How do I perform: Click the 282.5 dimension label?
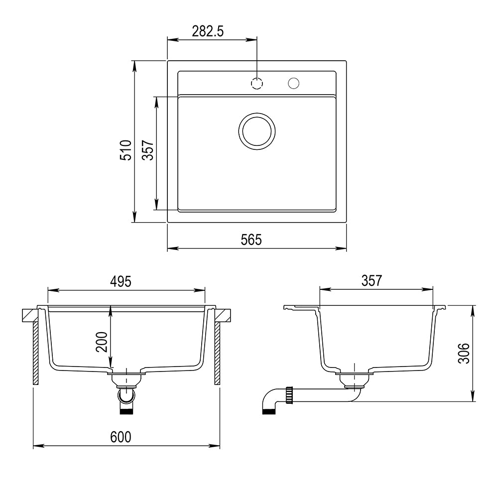[x=208, y=31]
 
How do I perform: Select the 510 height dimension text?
[x=126, y=150]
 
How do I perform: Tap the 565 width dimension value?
[x=251, y=240]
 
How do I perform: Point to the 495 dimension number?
[x=121, y=281]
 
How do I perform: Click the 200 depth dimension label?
[x=102, y=342]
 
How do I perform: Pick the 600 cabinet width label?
[x=121, y=437]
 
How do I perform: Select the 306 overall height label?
[x=464, y=353]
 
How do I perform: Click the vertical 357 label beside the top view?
[x=148, y=150]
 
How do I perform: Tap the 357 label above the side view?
[x=372, y=281]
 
